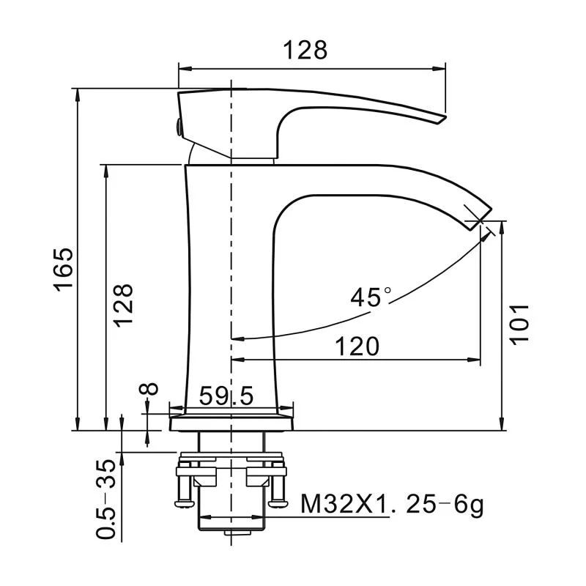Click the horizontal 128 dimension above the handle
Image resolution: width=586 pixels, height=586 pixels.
[x=305, y=51]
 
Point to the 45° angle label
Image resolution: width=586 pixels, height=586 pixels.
[x=371, y=297]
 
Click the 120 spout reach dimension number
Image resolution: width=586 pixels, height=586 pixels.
[x=357, y=346]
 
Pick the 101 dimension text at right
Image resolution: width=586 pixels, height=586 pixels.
[x=518, y=323]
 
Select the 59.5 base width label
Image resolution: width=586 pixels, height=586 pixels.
[x=226, y=396]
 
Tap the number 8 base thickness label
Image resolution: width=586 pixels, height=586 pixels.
[x=149, y=388]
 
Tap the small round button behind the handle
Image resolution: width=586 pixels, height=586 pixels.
[x=176, y=127]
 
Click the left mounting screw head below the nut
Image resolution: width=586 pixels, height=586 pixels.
[x=183, y=502]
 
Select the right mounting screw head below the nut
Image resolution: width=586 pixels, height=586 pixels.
[x=278, y=502]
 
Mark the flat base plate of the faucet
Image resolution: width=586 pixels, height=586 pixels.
[x=231, y=423]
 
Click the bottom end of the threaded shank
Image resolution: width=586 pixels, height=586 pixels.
[x=231, y=530]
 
